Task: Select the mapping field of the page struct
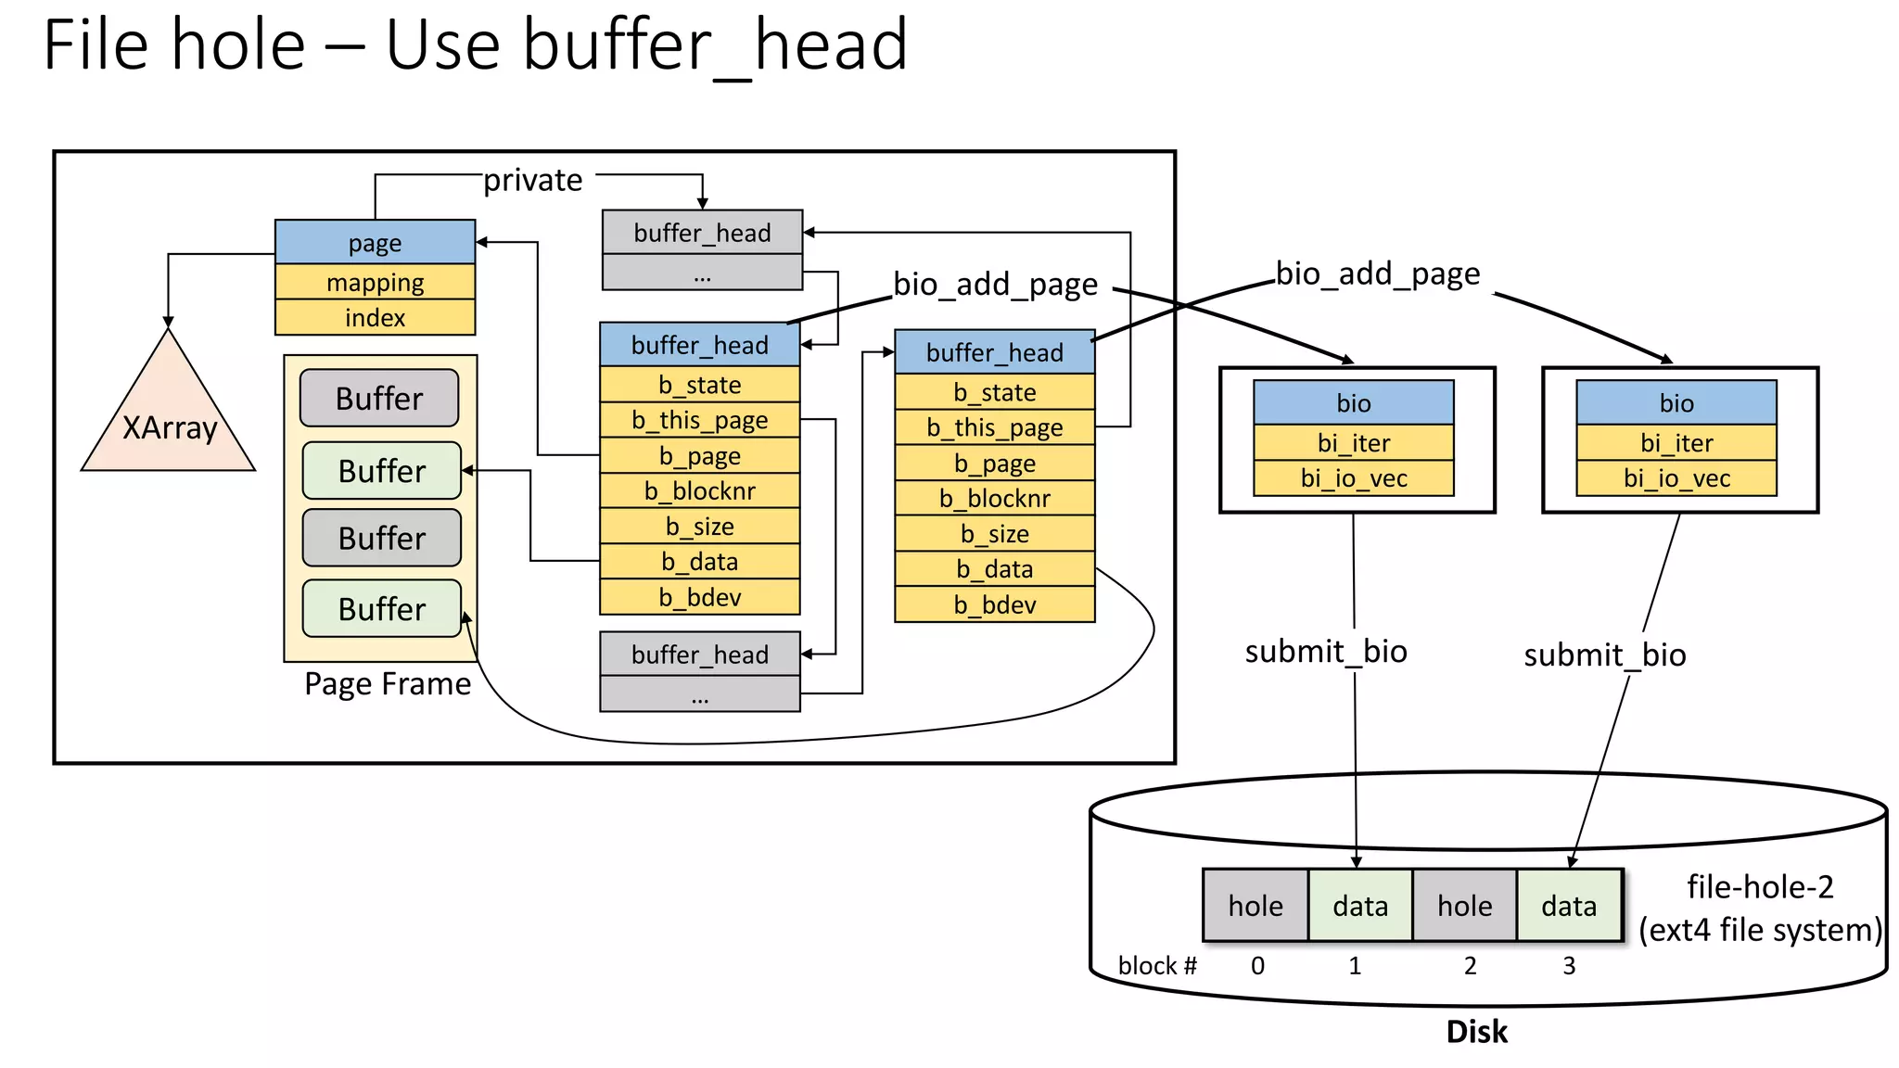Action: [375, 282]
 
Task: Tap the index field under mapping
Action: [375, 318]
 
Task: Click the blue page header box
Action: [375, 242]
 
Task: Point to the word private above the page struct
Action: [533, 180]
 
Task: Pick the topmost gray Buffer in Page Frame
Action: [379, 399]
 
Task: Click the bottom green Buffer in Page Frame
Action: [381, 609]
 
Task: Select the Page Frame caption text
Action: [388, 684]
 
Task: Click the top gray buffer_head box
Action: [702, 233]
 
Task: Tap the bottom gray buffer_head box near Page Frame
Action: [699, 655]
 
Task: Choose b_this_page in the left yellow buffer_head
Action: [699, 420]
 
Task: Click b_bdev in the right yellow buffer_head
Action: [994, 604]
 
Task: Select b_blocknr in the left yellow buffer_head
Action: [699, 490]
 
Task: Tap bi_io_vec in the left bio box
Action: [1353, 478]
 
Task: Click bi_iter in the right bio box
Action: [1676, 443]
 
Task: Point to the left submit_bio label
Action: [1326, 651]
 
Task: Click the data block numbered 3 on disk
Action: [1569, 905]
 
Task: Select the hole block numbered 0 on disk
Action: [1255, 905]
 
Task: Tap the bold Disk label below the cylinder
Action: [1476, 1032]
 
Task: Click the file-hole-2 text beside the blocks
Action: [1759, 887]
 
